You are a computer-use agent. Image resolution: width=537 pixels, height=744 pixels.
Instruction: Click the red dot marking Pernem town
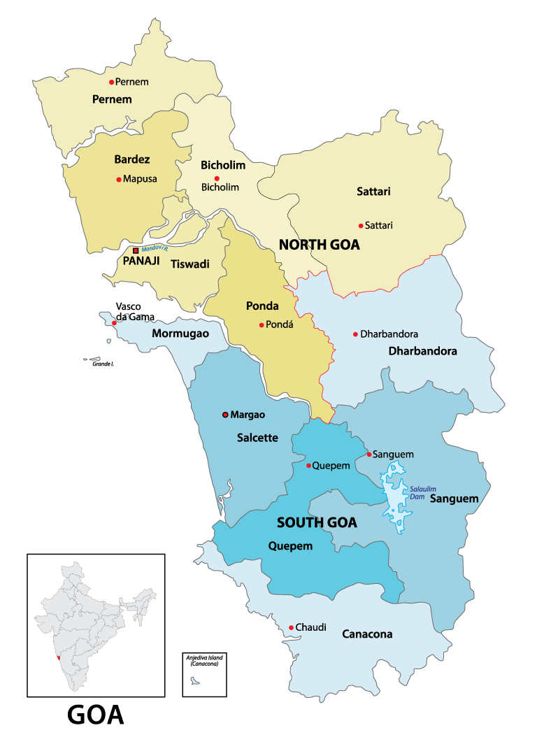click(x=111, y=82)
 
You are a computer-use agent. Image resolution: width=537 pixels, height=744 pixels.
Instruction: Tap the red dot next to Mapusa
click(x=119, y=179)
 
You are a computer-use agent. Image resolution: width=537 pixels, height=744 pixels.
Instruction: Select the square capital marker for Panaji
click(x=136, y=250)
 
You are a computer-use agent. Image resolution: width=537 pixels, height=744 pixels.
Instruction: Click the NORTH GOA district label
click(x=319, y=245)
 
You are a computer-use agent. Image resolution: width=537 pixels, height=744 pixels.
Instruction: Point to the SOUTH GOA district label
click(x=317, y=522)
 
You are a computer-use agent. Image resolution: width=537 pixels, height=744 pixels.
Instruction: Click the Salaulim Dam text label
click(x=422, y=492)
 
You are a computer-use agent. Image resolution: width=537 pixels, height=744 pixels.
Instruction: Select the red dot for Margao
click(x=225, y=415)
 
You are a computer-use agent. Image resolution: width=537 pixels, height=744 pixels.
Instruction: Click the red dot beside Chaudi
click(x=291, y=628)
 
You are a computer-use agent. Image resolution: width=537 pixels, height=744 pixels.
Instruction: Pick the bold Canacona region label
click(x=366, y=634)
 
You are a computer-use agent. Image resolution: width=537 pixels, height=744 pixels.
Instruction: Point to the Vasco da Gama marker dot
click(x=115, y=323)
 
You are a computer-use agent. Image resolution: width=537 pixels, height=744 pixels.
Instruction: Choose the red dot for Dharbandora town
click(x=355, y=334)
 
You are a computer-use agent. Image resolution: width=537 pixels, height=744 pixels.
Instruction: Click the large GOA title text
click(x=96, y=715)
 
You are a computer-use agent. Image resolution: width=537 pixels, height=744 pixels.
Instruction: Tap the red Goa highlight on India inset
click(x=61, y=658)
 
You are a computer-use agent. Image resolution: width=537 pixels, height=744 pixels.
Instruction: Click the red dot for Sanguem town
click(x=368, y=455)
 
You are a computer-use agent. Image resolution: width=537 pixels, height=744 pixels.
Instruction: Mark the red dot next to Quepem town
click(x=308, y=465)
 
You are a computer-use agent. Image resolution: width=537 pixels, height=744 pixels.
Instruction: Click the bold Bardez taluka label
click(x=133, y=159)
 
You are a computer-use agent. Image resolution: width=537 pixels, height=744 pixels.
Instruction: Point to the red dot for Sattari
click(x=361, y=225)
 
